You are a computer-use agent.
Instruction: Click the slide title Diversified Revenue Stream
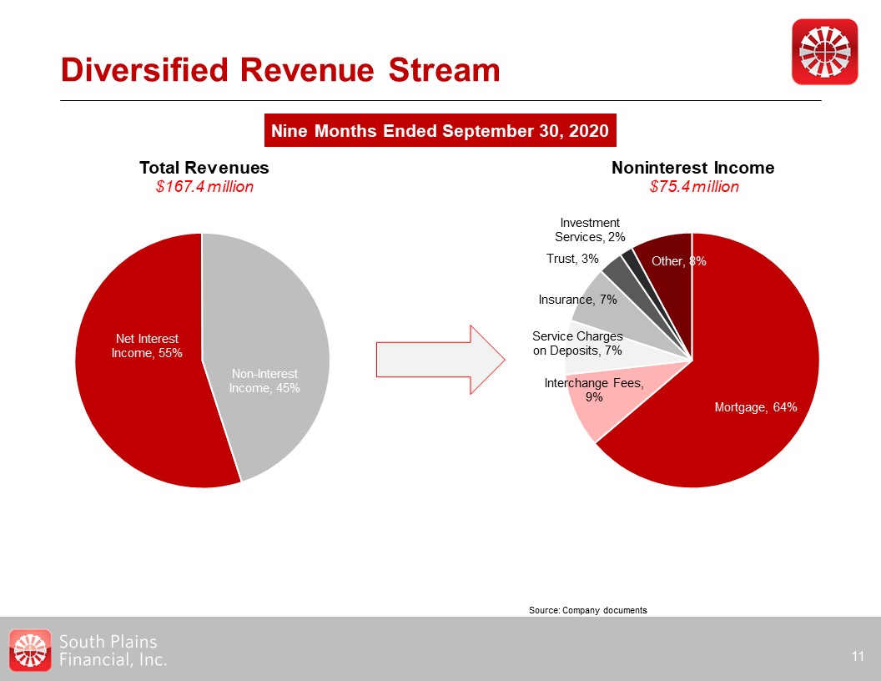click(280, 70)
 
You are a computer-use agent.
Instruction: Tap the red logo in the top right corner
click(824, 52)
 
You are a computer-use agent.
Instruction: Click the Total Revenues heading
click(204, 168)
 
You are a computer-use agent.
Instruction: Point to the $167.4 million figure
click(204, 187)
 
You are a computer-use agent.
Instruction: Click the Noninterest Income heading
click(692, 168)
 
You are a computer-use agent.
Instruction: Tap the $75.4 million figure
click(694, 187)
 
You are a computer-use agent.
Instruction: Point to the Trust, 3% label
click(572, 259)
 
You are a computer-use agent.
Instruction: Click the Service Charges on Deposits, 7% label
click(577, 343)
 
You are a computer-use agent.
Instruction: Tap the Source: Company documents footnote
click(587, 611)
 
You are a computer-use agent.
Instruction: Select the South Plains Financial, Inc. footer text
click(113, 650)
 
